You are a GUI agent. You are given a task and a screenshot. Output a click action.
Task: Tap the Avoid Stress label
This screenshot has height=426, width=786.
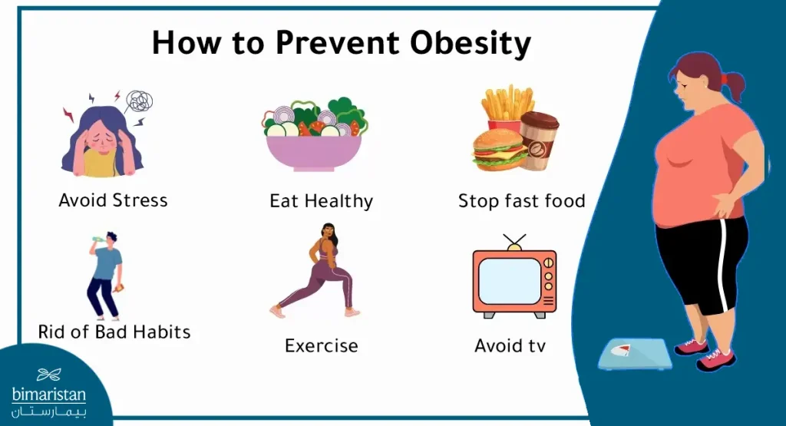coord(113,200)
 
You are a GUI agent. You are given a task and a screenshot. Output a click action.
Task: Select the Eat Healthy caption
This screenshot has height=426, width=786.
coord(321,201)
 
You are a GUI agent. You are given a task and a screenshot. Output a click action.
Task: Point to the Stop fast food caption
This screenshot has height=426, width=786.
coord(521,201)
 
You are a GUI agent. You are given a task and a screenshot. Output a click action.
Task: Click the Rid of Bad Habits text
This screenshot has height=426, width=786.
coord(114,332)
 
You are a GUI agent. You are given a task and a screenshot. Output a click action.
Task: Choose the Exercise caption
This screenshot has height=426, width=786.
coord(321,345)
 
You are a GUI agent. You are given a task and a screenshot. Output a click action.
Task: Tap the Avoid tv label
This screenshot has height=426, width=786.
coord(510,345)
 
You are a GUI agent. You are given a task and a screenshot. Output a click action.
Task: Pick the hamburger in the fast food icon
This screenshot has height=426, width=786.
coord(497,151)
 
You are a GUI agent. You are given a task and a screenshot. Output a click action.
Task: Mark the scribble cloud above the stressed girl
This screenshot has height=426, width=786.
coord(139,101)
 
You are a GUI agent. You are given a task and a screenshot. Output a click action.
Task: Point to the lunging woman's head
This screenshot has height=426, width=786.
coord(328,232)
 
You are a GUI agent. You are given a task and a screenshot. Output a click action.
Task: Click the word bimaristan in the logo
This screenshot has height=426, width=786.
coord(49,395)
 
